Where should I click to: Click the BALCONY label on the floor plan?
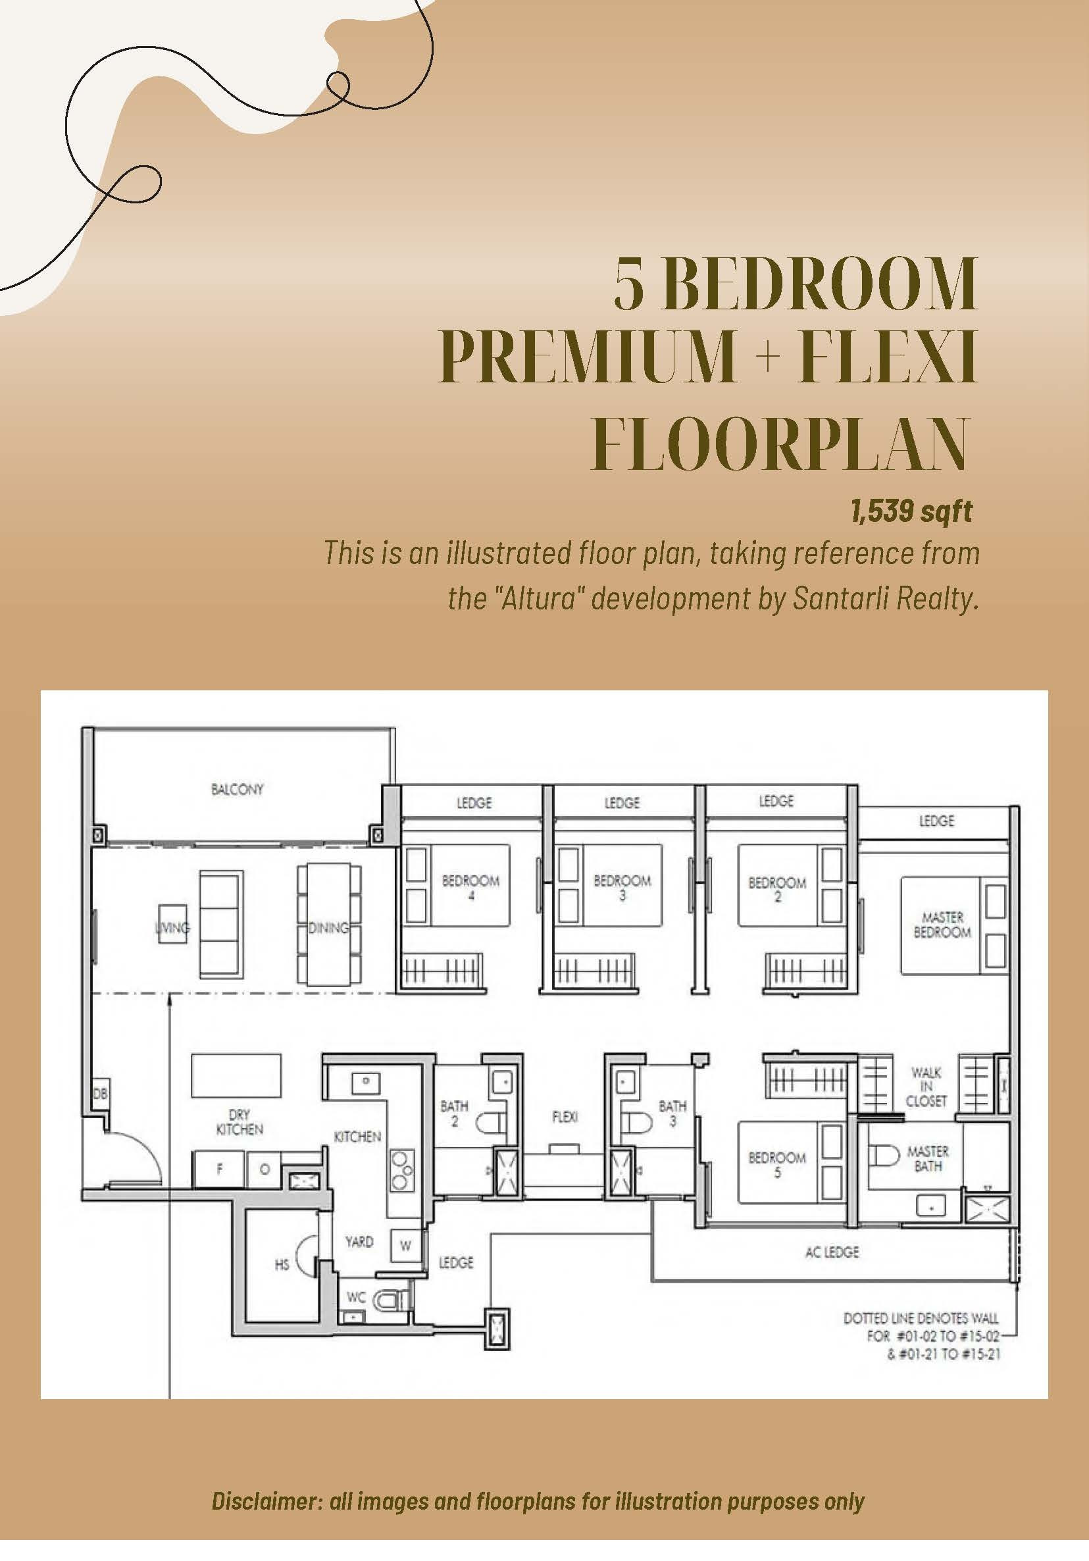pyautogui.click(x=238, y=789)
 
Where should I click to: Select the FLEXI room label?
pyautogui.click(x=565, y=1116)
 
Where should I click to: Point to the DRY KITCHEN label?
pyautogui.click(x=240, y=1122)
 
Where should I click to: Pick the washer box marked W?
pyautogui.click(x=406, y=1246)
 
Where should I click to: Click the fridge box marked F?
pyautogui.click(x=220, y=1169)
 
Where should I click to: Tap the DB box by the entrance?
pyautogui.click(x=100, y=1094)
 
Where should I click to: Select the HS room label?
pyautogui.click(x=282, y=1265)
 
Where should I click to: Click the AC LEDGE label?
pyautogui.click(x=832, y=1252)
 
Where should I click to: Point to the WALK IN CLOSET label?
pyautogui.click(x=926, y=1087)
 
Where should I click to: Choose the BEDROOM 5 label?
pyautogui.click(x=777, y=1165)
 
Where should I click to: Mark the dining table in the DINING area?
pyautogui.click(x=329, y=924)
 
